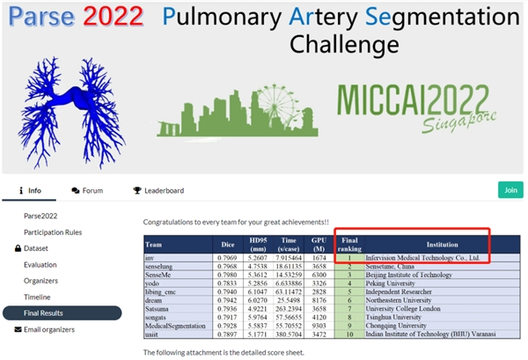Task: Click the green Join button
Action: point(510,189)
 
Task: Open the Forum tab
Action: point(87,190)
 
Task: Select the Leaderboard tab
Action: point(158,190)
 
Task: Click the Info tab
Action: point(29,190)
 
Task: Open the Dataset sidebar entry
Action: point(42,248)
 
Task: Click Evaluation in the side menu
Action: point(40,264)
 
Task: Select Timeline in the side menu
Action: point(38,297)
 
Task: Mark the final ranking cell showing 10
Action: point(348,334)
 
